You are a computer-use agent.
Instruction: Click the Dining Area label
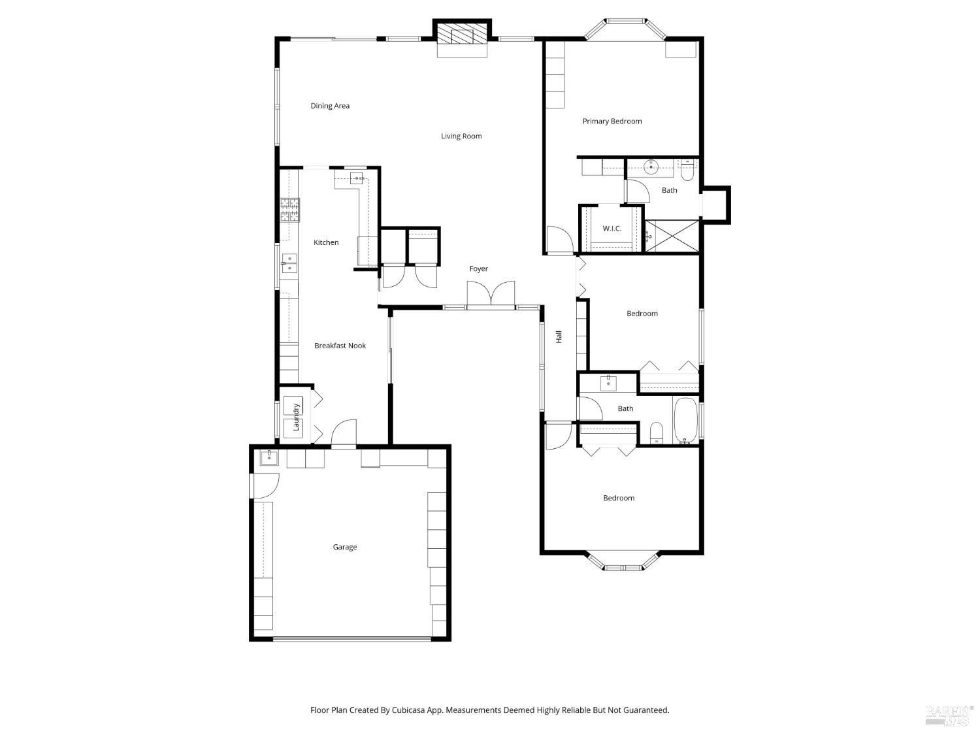[x=330, y=106]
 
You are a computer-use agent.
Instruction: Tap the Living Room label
[x=461, y=136]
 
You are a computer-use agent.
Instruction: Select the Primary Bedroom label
[x=612, y=122]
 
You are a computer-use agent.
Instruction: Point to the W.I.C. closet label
[x=612, y=229]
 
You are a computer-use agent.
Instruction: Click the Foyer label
[x=478, y=269]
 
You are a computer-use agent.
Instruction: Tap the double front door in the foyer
[x=491, y=294]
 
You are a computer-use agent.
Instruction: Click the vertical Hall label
[x=559, y=337]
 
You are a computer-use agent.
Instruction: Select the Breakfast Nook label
[x=340, y=346]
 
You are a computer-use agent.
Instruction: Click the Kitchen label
[x=326, y=242]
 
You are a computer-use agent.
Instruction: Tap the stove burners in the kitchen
[x=290, y=210]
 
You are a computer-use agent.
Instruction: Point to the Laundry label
[x=295, y=417]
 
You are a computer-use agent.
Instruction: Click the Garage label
[x=345, y=547]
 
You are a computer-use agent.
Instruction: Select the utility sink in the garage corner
[x=269, y=457]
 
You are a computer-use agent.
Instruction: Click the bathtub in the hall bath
[x=685, y=420]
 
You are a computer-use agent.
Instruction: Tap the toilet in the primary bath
[x=687, y=171]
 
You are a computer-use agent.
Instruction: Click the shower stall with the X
[x=672, y=236]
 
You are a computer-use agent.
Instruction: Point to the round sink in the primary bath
[x=651, y=167]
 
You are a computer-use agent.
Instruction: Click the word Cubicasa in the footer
[x=408, y=710]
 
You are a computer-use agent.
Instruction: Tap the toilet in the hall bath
[x=657, y=433]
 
